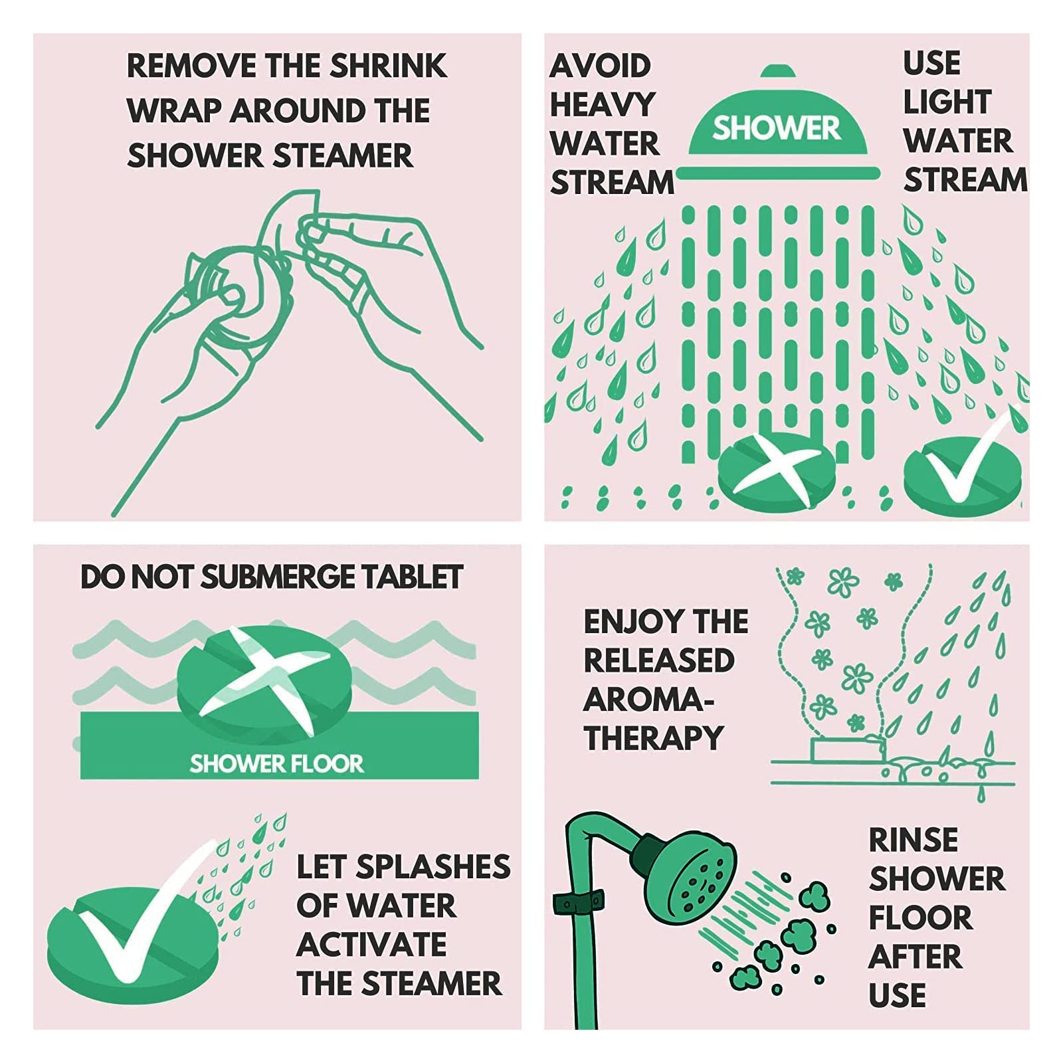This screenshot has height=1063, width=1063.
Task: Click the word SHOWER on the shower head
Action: (x=776, y=128)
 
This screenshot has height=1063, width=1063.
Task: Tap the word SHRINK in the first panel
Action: (x=388, y=66)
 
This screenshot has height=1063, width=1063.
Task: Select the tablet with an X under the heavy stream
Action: (x=777, y=471)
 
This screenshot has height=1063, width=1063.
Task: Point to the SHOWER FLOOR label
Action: (x=276, y=764)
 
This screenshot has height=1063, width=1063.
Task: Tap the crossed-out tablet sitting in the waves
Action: (x=254, y=681)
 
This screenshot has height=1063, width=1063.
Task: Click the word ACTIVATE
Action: (x=371, y=945)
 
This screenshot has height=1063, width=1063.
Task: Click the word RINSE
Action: (x=914, y=840)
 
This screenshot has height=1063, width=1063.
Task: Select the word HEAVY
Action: (x=603, y=104)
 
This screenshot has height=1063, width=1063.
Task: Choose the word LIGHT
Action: (x=947, y=102)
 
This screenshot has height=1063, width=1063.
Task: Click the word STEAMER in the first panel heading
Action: (x=343, y=155)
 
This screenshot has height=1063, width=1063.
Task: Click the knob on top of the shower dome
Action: (x=778, y=71)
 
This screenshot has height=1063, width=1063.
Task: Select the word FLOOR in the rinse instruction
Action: (x=920, y=918)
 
